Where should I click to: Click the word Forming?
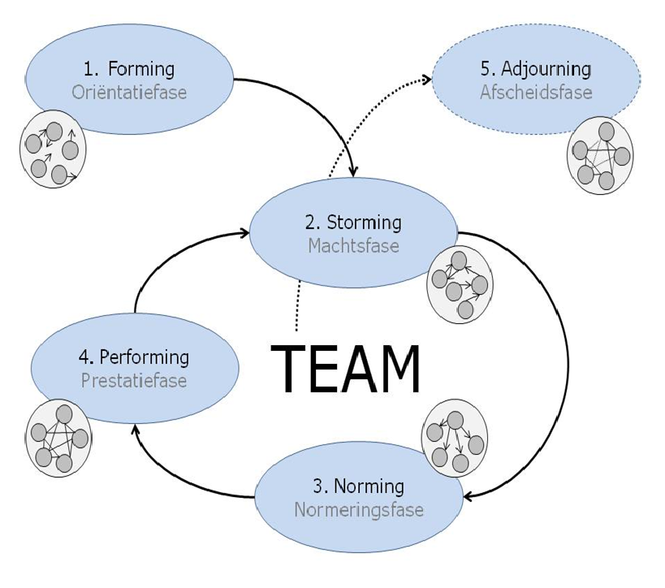pos(141,69)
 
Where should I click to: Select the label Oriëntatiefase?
pos(129,92)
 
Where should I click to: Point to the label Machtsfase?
pos(353,244)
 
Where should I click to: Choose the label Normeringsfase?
pos(359,510)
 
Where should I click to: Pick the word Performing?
pos(145,357)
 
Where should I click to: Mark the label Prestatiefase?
pos(134,380)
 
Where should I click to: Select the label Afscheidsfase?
pos(535,92)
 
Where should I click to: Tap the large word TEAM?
pos(346,371)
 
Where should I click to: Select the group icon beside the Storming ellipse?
pos(459,283)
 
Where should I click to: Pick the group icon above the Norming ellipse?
pos(455,438)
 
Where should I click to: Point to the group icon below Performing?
pos(58,439)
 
